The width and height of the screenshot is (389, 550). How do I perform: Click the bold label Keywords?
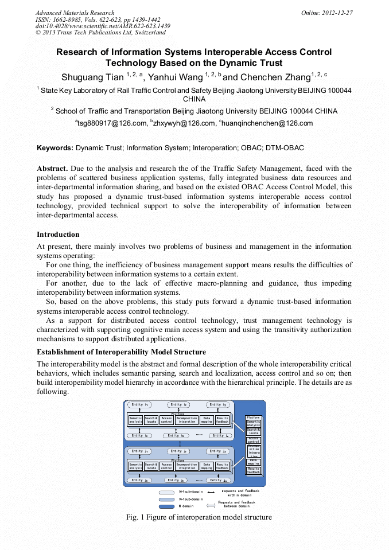(55, 148)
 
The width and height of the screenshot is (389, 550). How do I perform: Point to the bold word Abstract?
(52, 169)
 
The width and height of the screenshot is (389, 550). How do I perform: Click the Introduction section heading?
(58, 235)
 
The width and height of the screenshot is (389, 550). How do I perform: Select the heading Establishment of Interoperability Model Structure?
(121, 352)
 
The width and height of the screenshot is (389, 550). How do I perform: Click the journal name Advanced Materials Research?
(75, 13)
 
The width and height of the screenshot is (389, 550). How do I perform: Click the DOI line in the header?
(103, 26)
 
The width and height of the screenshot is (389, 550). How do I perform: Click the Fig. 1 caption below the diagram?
(199, 517)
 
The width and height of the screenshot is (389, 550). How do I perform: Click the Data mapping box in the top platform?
(207, 420)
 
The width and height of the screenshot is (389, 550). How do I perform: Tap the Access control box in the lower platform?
(166, 466)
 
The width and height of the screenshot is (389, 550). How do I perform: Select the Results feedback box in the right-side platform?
(254, 470)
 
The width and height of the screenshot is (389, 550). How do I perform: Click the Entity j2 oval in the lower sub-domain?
(178, 451)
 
